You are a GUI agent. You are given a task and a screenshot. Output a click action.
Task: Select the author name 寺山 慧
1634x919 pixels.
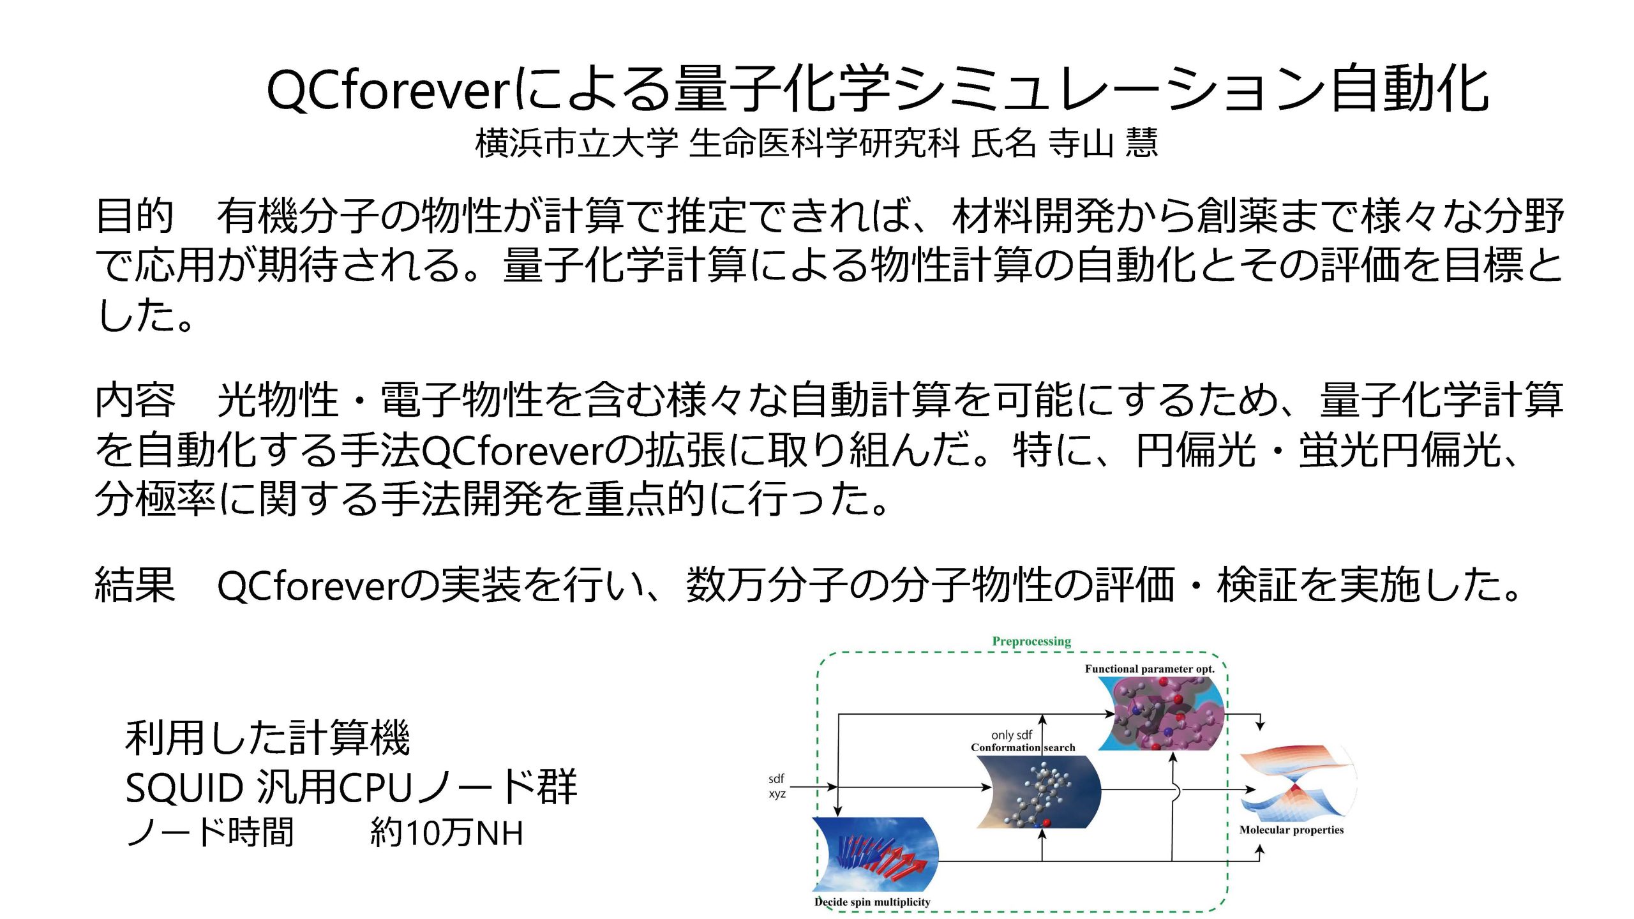pos(1103,143)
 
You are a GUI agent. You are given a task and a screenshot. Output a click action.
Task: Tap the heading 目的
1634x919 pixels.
pos(135,216)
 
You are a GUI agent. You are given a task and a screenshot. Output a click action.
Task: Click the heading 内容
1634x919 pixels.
pos(135,400)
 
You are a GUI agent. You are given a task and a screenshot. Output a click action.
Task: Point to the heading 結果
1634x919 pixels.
pos(135,585)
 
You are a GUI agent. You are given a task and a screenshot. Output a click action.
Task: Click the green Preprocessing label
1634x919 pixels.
pos(1031,641)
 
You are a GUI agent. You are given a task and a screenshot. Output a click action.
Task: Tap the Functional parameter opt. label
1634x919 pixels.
pos(1150,669)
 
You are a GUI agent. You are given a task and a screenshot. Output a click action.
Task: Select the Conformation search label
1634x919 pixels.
pos(1023,747)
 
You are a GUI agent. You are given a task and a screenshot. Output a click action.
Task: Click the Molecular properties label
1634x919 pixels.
pos(1291,830)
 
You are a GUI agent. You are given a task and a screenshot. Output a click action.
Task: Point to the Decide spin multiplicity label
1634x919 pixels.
pos(872,902)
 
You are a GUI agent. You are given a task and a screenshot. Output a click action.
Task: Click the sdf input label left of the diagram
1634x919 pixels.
pos(776,779)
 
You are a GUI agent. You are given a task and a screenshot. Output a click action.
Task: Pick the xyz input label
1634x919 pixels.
pos(777,794)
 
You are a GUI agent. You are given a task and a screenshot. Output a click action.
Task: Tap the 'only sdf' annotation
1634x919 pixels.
pos(1012,735)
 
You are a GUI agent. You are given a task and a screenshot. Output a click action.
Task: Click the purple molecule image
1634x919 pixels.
pos(1162,714)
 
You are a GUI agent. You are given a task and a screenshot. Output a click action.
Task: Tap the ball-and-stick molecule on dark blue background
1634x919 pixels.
pos(1039,791)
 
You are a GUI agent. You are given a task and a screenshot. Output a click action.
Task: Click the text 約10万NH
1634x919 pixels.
pos(447,833)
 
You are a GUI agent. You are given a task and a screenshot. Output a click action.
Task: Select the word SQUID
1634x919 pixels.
pos(184,788)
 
